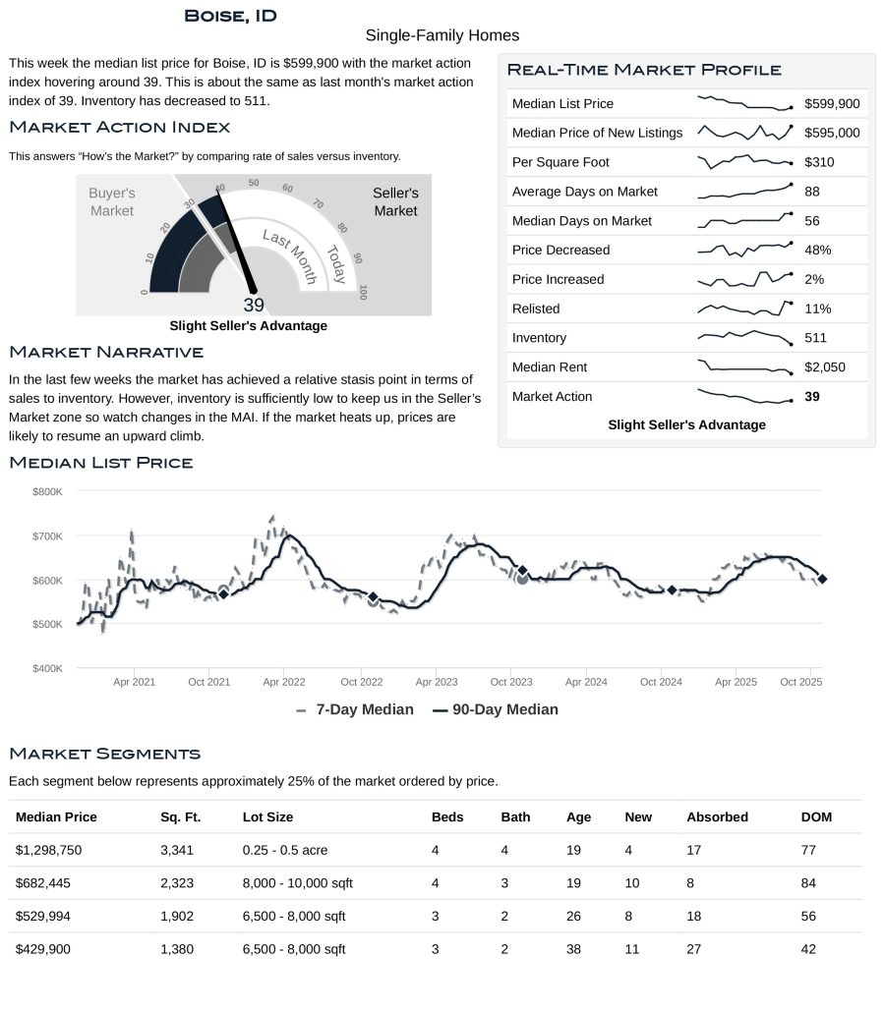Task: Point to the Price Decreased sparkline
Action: coord(744,250)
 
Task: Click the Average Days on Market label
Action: coord(584,192)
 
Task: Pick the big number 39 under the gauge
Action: coord(254,305)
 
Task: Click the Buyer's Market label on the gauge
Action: coord(112,202)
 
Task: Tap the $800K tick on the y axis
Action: coord(47,491)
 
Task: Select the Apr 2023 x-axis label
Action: coord(437,682)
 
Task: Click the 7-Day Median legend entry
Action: coord(355,709)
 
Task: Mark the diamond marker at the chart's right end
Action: coord(822,579)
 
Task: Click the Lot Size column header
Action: coord(267,816)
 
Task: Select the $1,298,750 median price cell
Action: coord(55,850)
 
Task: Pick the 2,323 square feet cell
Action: coord(177,883)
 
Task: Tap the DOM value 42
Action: coord(808,949)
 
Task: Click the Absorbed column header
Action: coord(717,816)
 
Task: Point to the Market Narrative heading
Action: coord(106,352)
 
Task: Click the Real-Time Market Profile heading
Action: coord(644,70)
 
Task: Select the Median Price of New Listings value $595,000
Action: coord(832,133)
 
